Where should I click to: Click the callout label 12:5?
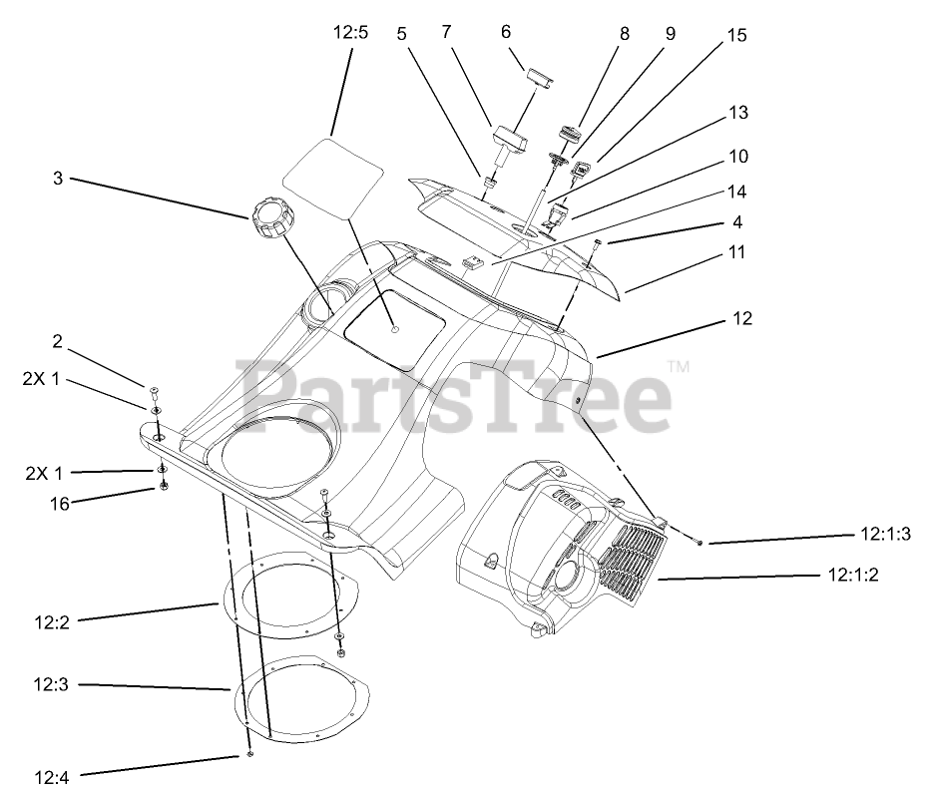[x=350, y=32]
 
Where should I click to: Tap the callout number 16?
[x=60, y=504]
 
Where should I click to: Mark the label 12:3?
[x=49, y=684]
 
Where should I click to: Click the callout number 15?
[x=736, y=35]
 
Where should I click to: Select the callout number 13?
[x=738, y=113]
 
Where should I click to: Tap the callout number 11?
[x=736, y=252]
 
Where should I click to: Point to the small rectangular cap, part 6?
[x=543, y=78]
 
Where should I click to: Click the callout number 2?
[x=58, y=341]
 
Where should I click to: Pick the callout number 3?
[x=58, y=179]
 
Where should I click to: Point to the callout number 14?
[x=737, y=191]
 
